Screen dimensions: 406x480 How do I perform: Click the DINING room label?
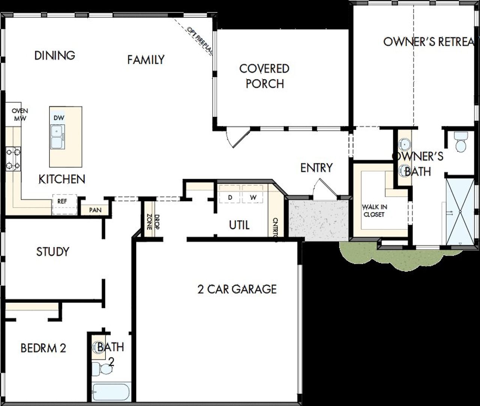pyautogui.click(x=55, y=55)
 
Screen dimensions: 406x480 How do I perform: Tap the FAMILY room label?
pyautogui.click(x=146, y=60)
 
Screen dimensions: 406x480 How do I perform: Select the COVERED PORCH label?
pyautogui.click(x=264, y=76)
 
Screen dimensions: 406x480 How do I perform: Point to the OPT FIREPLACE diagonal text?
pyautogui.click(x=199, y=41)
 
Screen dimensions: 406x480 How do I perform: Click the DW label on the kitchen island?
pyautogui.click(x=59, y=118)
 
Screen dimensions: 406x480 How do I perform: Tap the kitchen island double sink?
pyautogui.click(x=57, y=137)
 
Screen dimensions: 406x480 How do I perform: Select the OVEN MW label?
pyautogui.click(x=19, y=115)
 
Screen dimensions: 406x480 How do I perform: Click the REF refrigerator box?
pyautogui.click(x=62, y=202)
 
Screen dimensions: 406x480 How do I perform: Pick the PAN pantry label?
pyautogui.click(x=95, y=210)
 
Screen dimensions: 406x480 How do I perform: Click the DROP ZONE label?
pyautogui.click(x=153, y=222)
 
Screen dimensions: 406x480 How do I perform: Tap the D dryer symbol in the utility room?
pyautogui.click(x=230, y=197)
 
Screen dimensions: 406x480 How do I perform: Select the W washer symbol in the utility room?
pyautogui.click(x=253, y=197)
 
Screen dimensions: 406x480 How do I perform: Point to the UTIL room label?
pyautogui.click(x=239, y=225)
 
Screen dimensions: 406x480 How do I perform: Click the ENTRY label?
pyautogui.click(x=316, y=168)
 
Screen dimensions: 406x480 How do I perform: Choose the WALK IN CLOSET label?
pyautogui.click(x=374, y=211)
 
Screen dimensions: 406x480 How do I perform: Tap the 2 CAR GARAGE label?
pyautogui.click(x=237, y=289)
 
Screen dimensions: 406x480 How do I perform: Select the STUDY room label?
pyautogui.click(x=52, y=251)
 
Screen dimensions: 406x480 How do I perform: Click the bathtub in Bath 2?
pyautogui.click(x=111, y=392)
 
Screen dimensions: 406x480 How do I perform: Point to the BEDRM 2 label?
pyautogui.click(x=43, y=348)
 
